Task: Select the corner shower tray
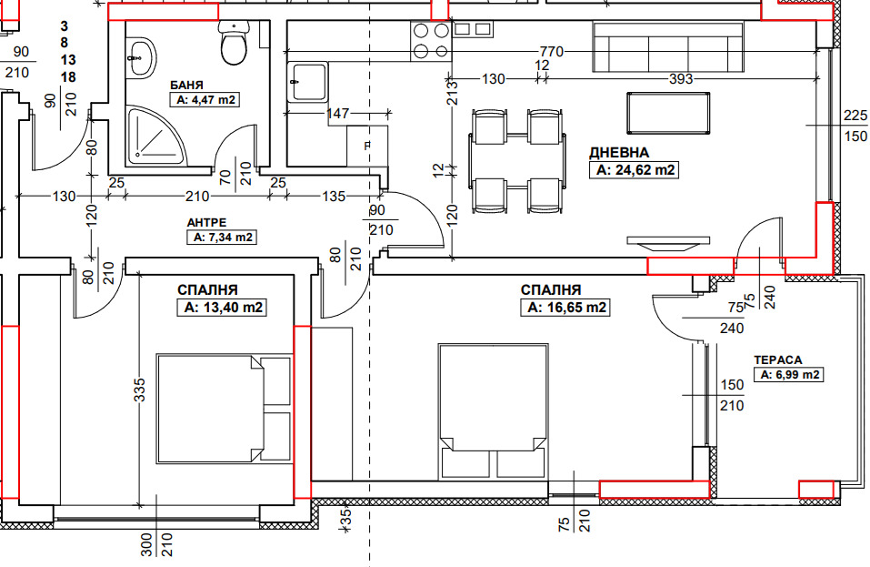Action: [155, 136]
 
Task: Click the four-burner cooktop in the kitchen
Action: [431, 41]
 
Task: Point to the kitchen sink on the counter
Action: [307, 82]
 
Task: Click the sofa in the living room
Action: [668, 47]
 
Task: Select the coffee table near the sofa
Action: [668, 113]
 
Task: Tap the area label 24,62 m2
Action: [635, 169]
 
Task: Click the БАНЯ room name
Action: [186, 85]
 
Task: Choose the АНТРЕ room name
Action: [206, 223]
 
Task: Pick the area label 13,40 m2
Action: [223, 307]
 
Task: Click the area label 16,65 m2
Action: [565, 307]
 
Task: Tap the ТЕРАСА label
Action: [778, 359]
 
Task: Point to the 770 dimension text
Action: [552, 52]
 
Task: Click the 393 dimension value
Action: [681, 79]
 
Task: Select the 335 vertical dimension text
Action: [139, 390]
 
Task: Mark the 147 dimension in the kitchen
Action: [337, 113]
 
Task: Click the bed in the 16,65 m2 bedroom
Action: [494, 411]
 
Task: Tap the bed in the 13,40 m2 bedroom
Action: [225, 408]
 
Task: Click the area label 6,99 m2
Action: [788, 375]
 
